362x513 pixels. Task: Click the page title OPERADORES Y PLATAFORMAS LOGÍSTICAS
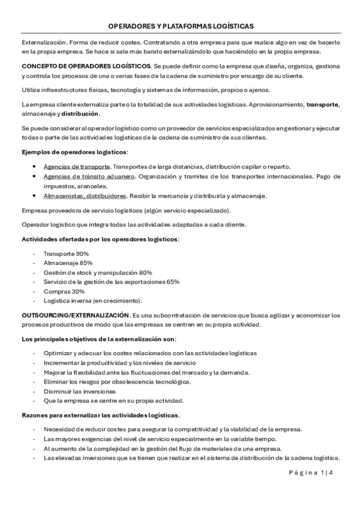pyautogui.click(x=181, y=27)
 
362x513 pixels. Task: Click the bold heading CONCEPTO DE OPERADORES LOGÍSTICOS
pyautogui.click(x=86, y=65)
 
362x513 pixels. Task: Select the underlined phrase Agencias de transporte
pyautogui.click(x=77, y=166)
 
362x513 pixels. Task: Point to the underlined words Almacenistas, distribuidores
pyautogui.click(x=85, y=196)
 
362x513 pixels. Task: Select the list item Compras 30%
pyautogui.click(x=64, y=291)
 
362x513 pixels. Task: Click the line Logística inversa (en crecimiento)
pyautogui.click(x=93, y=301)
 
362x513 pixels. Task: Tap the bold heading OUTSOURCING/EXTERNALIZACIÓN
pyautogui.click(x=76, y=315)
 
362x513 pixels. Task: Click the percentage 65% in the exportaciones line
pyautogui.click(x=172, y=282)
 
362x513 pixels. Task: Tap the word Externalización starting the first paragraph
pyautogui.click(x=43, y=42)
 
